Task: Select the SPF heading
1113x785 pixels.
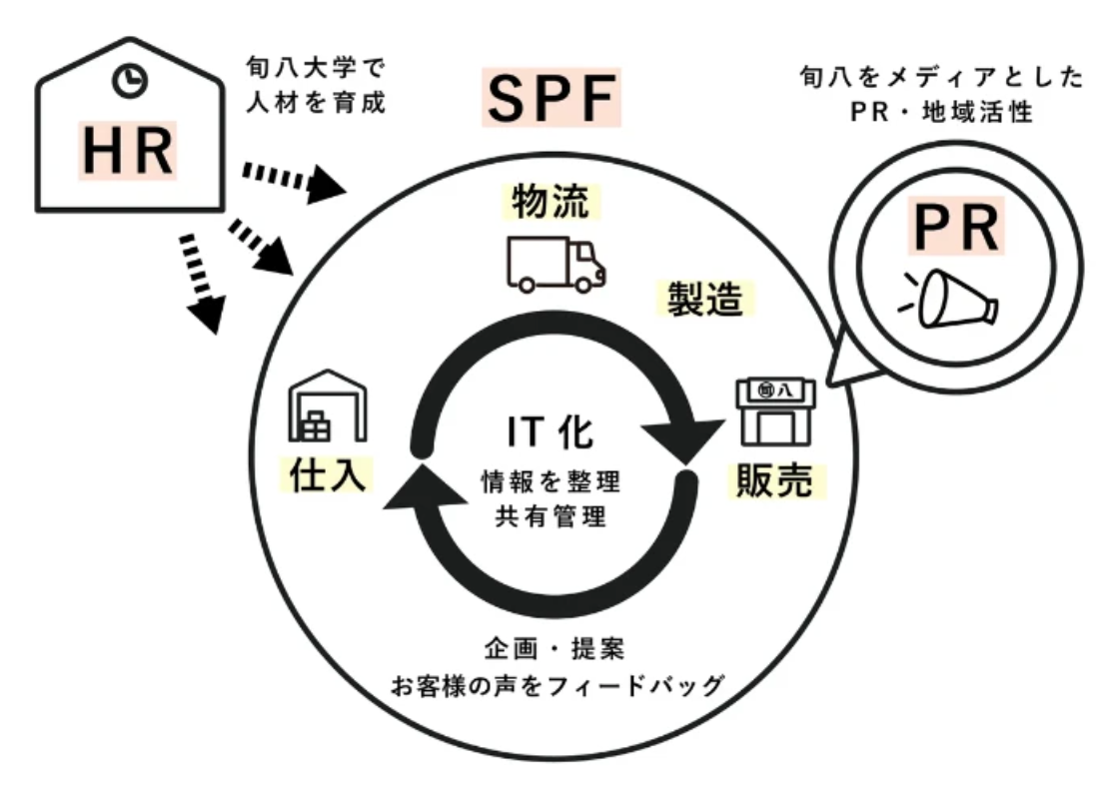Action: coord(553,98)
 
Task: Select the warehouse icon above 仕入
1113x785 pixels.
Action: coord(327,406)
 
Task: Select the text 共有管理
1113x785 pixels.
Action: coord(551,517)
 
